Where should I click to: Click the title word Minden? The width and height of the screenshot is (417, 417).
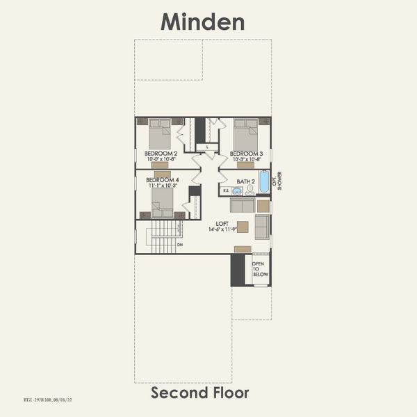point(203,22)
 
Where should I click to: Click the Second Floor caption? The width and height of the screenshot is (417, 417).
point(200,393)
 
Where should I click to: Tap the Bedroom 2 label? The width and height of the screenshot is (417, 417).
point(161,153)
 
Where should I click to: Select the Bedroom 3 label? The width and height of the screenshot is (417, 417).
point(246,153)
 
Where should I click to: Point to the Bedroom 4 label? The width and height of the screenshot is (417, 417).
point(161,179)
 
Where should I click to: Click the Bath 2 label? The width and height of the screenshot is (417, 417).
point(245,181)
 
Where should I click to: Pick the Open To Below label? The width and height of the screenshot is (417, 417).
point(259,269)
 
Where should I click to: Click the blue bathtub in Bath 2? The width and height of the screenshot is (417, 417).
point(264,183)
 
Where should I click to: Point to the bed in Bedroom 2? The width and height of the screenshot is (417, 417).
point(161,132)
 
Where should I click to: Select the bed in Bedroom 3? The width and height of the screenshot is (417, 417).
point(245,132)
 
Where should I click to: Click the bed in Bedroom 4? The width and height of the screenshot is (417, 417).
point(163,202)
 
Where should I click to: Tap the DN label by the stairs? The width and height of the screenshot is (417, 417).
point(180,245)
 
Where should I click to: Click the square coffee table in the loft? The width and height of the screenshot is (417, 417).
point(263,206)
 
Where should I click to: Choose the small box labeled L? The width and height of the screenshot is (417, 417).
point(207,147)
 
